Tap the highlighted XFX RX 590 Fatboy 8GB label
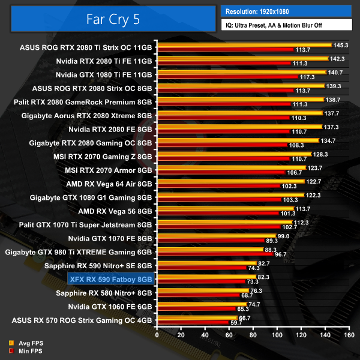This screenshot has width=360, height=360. pos(112,279)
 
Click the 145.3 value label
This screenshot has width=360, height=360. pos(341,44)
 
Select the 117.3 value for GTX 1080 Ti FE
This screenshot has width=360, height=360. pos(307,77)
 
